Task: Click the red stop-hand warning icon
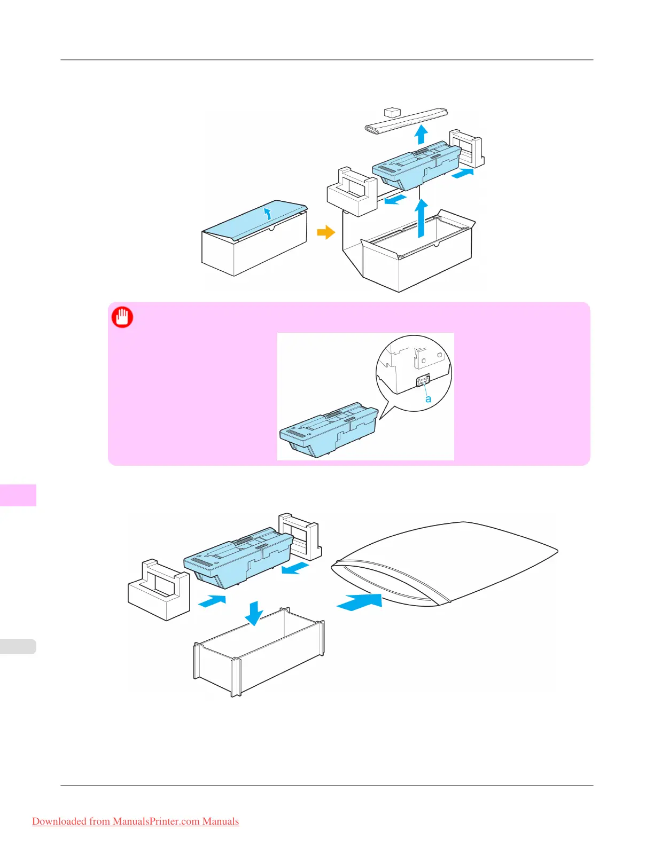pos(122,317)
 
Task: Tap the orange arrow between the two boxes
pos(325,232)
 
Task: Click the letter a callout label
pos(428,399)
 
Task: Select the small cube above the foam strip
pos(392,112)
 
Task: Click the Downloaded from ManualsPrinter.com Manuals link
pos(135,821)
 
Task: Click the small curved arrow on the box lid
pos(268,214)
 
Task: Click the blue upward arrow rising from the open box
pos(422,217)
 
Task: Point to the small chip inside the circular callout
pos(423,382)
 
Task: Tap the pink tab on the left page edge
pos(18,495)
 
